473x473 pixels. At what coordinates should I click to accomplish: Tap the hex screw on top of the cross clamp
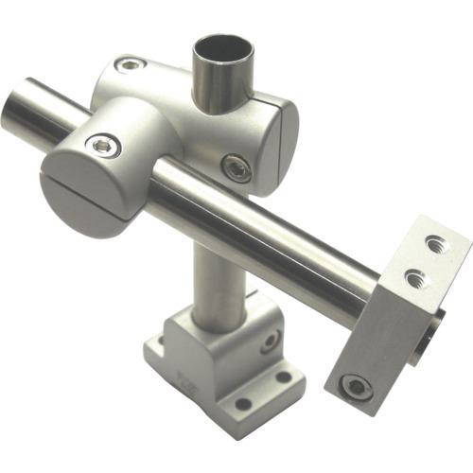coord(130,65)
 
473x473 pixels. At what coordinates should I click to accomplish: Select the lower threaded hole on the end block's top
coord(414,277)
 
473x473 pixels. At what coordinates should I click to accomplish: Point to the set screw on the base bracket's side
coord(270,341)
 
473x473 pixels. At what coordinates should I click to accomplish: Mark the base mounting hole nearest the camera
coord(244,404)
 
